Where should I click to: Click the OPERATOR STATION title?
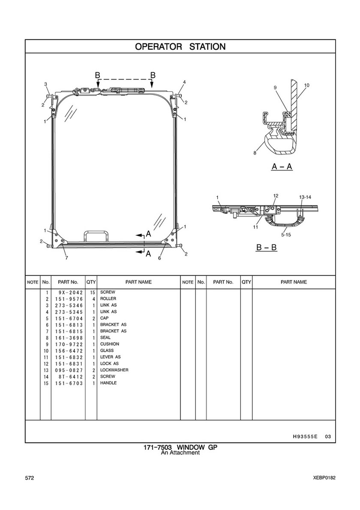tap(180, 46)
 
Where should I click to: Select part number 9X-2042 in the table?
tap(69, 293)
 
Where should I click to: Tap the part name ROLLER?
tap(108, 299)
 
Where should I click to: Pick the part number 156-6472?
tap(69, 351)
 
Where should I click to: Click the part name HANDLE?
tap(108, 383)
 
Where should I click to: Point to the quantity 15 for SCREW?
tap(92, 293)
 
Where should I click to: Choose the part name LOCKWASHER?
tap(114, 370)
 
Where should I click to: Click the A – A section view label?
tap(282, 167)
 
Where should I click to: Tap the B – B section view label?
tap(267, 247)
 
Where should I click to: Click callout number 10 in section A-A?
tap(307, 85)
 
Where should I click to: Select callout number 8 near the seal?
tap(255, 153)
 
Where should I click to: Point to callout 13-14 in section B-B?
tap(305, 197)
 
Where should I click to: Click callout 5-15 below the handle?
tap(286, 235)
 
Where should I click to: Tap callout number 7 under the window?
tap(66, 258)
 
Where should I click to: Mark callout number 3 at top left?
tap(46, 84)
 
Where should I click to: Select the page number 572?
tap(30, 478)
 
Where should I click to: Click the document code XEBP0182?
tap(324, 478)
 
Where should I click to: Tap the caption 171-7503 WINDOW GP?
tap(180, 447)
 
